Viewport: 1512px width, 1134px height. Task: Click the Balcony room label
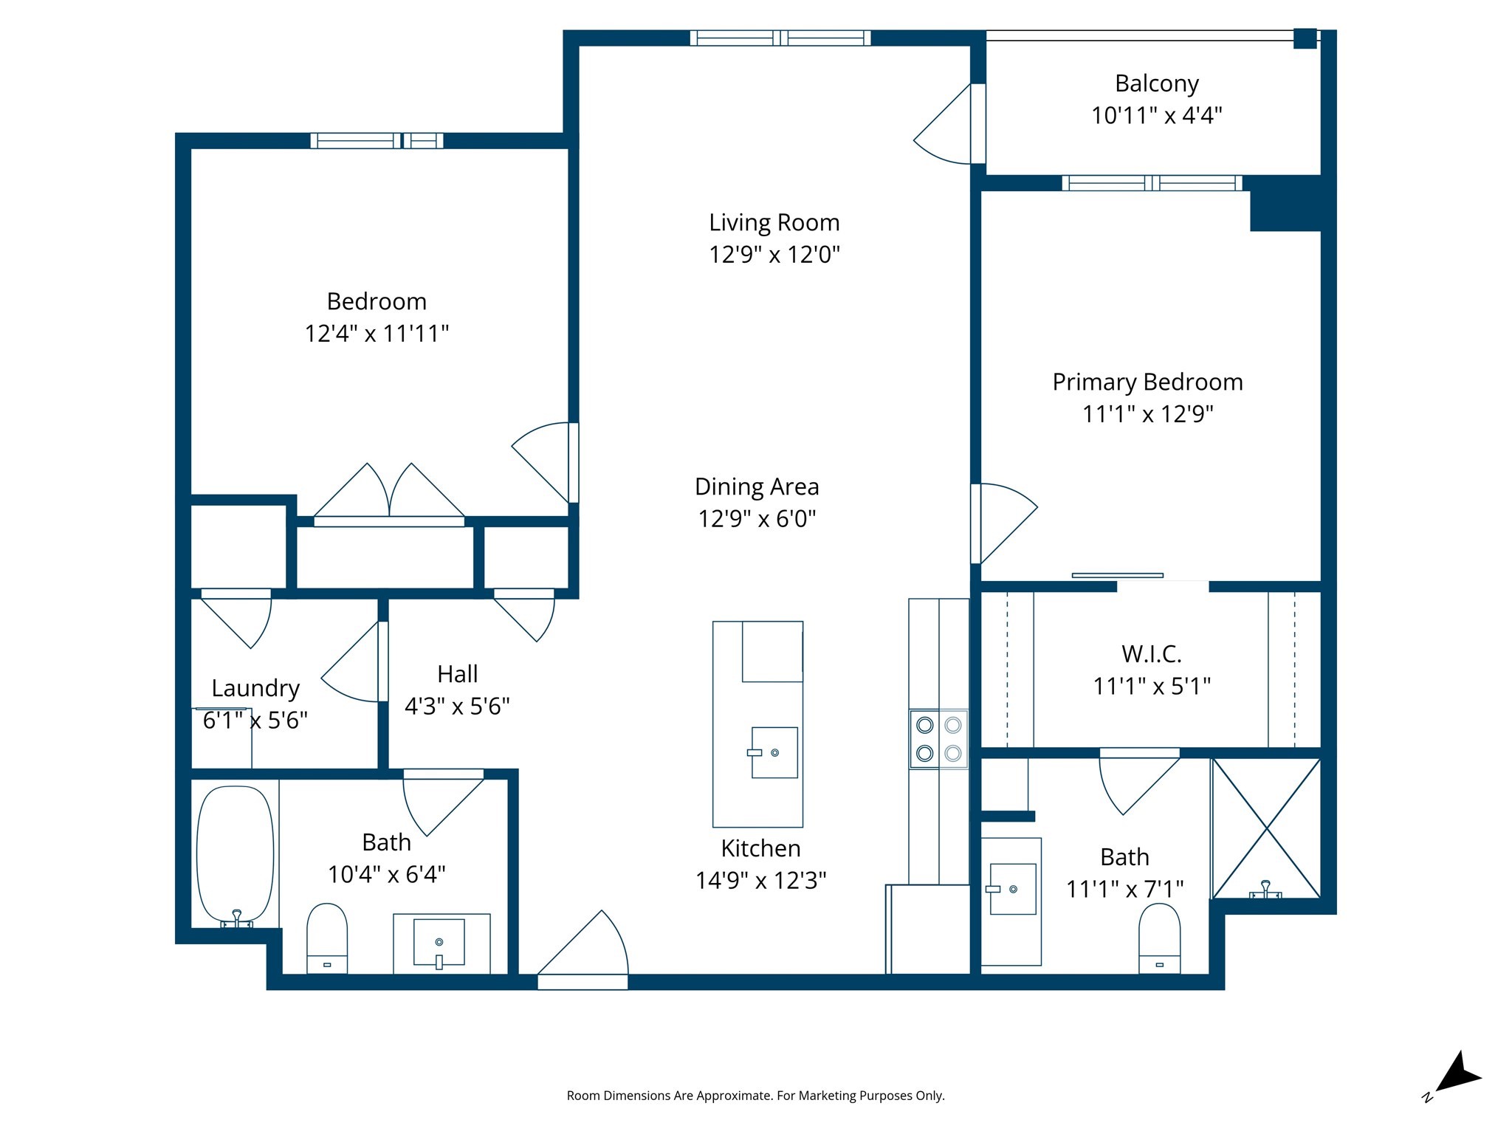[1156, 83]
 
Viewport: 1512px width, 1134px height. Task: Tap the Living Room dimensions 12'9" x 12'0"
[774, 255]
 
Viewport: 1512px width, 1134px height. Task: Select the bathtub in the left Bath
[235, 855]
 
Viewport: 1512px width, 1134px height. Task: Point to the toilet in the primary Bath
[1159, 938]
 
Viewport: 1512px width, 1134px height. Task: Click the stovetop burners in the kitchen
[938, 739]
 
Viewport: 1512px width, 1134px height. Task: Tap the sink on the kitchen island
[774, 752]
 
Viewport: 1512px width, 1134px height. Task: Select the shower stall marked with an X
[1266, 828]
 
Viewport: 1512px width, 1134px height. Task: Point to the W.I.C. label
[1151, 654]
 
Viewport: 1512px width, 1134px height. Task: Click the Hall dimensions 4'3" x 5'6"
[457, 707]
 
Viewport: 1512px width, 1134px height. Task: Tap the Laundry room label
[255, 688]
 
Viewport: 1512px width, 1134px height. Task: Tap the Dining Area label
[757, 487]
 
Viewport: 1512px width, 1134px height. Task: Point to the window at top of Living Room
[780, 38]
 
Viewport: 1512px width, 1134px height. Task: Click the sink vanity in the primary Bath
[1011, 890]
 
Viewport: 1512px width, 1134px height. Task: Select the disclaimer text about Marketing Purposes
[755, 1096]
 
